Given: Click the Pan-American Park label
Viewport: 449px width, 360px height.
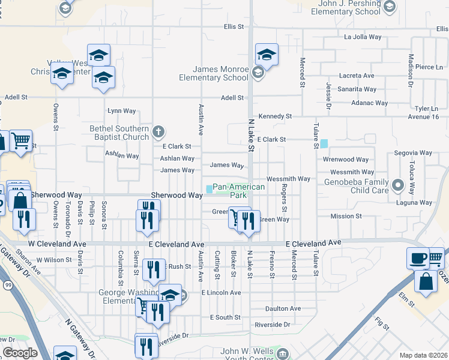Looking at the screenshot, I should tap(238, 191).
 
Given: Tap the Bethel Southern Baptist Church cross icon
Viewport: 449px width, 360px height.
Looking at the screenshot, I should tap(158, 131).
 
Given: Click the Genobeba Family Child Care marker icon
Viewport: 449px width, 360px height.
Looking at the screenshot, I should tap(397, 185).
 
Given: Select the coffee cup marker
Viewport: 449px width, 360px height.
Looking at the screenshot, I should tap(417, 258).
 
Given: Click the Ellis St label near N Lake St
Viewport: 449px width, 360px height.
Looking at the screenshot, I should tap(234, 26).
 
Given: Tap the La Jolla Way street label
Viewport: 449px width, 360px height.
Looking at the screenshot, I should tap(363, 37).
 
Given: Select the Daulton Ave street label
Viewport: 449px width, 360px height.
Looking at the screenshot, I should tap(283, 308).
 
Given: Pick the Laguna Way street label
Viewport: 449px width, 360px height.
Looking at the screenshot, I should tap(414, 203).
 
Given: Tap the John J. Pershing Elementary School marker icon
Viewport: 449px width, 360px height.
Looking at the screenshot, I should tap(389, 7).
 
